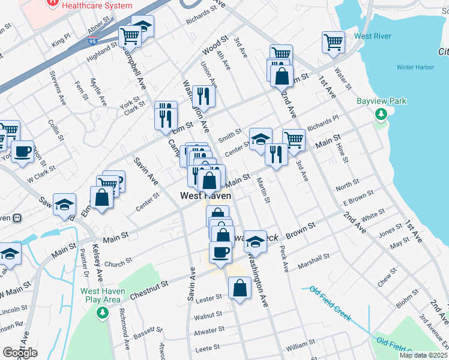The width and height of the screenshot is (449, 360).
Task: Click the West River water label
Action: point(372,36)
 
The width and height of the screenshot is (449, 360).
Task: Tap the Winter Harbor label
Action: point(415,67)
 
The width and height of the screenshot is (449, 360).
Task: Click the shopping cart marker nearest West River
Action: point(333,43)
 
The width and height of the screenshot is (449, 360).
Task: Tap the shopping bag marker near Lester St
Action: point(240,288)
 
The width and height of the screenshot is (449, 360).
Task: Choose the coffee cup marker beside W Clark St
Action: point(22,152)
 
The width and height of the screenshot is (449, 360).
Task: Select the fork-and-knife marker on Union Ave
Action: point(203,97)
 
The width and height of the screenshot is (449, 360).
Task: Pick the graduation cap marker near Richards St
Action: point(142,26)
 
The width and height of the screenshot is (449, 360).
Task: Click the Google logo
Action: point(20,353)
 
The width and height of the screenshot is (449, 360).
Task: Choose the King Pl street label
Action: point(61,40)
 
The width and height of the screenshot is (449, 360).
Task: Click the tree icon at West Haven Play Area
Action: point(102,312)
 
